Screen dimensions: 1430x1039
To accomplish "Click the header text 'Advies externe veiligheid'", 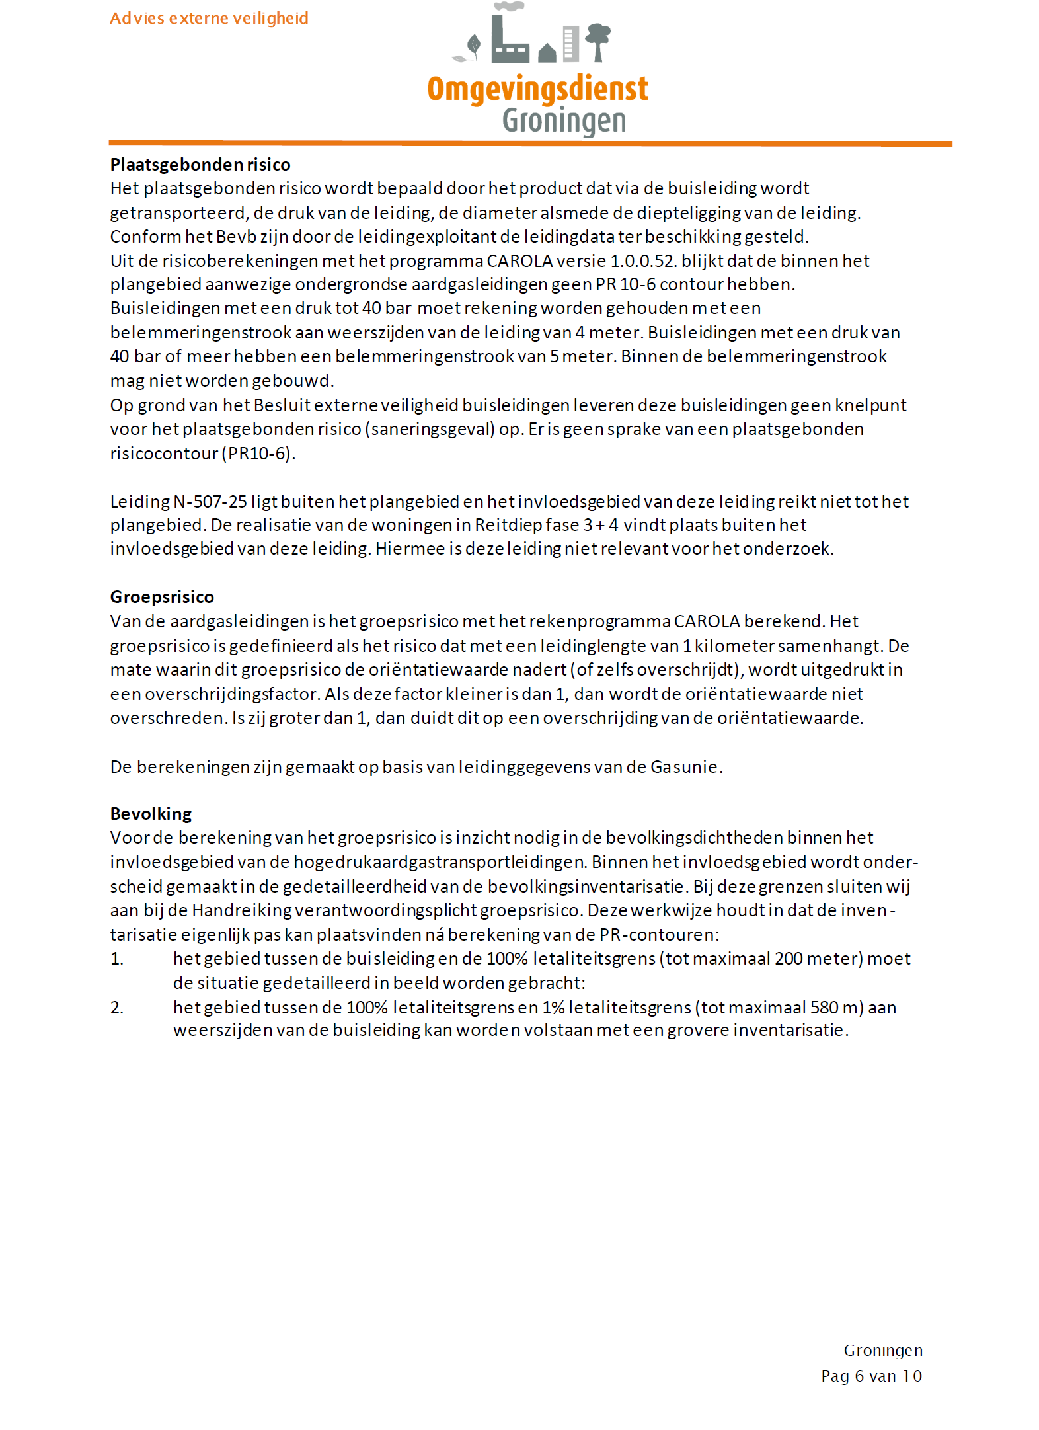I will click(x=209, y=19).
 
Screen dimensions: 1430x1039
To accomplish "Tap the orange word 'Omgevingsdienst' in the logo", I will click(x=537, y=89).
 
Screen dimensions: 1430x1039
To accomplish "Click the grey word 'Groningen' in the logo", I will click(x=564, y=121).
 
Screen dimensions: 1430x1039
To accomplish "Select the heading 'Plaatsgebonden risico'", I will click(x=200, y=165).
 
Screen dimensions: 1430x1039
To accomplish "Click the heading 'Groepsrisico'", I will click(x=162, y=597).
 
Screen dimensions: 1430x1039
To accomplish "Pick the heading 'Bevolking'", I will click(x=151, y=814).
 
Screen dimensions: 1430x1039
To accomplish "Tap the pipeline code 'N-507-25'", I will click(x=210, y=502).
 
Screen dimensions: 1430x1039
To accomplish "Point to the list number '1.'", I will click(x=117, y=959).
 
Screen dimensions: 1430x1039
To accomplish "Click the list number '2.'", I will click(x=117, y=1008).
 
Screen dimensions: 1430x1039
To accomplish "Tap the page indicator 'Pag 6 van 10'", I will click(x=871, y=1376).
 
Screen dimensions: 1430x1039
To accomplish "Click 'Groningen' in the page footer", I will click(x=883, y=1350).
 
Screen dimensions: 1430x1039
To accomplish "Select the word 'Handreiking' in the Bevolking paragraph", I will click(x=241, y=910).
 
